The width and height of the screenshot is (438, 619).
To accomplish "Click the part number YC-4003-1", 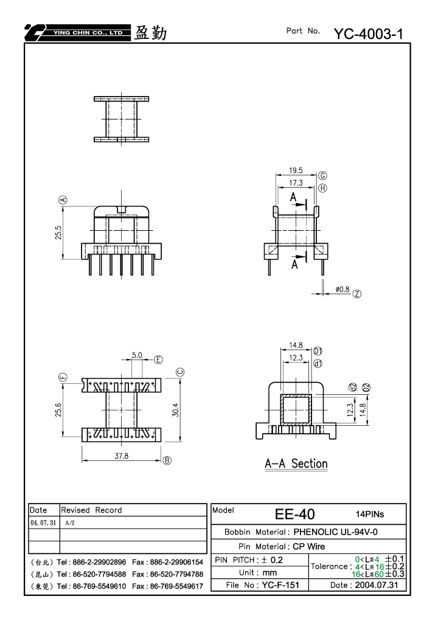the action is coord(369,34).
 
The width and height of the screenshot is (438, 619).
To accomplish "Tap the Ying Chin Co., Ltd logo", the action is coord(77,33).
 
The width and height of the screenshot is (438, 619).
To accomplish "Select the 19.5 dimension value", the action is coord(296,170).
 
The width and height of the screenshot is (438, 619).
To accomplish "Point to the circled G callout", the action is coord(322,176).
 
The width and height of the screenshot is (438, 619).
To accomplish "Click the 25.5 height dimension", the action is coord(58,233).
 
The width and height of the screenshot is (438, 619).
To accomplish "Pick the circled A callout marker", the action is coord(63,200).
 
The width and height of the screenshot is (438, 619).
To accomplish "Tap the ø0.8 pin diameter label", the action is coord(342,289).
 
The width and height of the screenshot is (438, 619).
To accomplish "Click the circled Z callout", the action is coord(357,294).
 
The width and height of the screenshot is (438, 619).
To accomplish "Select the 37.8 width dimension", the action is coord(121,456).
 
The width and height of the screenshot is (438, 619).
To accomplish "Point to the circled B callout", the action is coord(167,460).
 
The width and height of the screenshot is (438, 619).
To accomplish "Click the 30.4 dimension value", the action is coord(176,410).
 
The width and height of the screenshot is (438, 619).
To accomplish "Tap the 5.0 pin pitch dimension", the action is coord(137,355).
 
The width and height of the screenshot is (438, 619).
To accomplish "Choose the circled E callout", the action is coord(158,359).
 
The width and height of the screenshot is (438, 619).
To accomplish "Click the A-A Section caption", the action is coord(296,463).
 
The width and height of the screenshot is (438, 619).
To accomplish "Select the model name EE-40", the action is coord(294,514).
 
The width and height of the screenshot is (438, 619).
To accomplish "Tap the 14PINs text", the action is coord(370,514).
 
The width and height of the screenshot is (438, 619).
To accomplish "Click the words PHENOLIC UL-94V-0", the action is coord(335,532).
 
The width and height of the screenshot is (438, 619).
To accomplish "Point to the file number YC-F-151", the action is coord(280,585).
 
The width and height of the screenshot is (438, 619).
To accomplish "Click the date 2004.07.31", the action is coord(377,585).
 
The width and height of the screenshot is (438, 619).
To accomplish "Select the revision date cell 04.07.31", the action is coord(43,522).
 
